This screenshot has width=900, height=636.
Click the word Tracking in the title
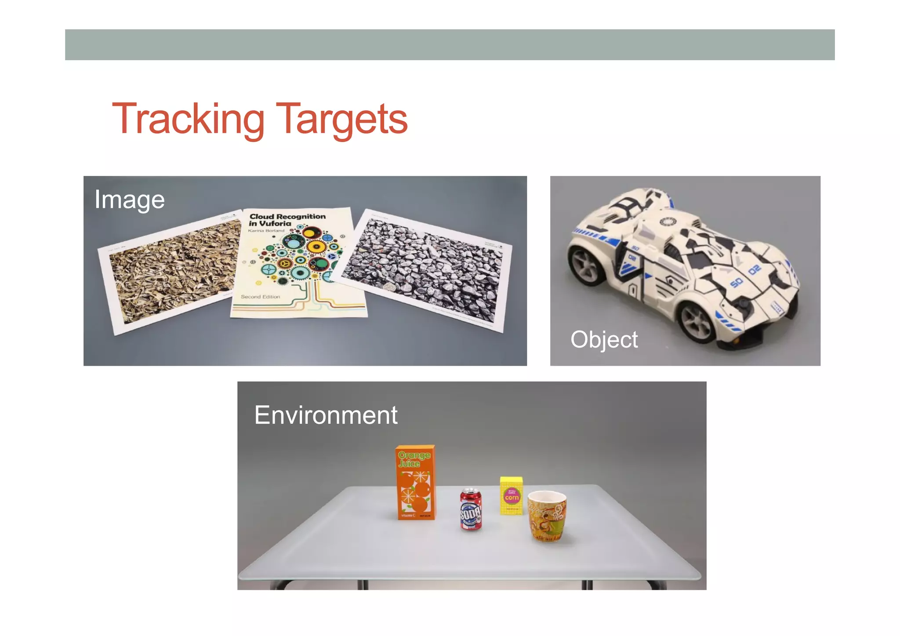pos(188,119)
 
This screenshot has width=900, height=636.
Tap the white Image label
pos(130,200)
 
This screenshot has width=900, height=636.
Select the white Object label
pos(604,339)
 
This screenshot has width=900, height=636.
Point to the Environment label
pos(326,415)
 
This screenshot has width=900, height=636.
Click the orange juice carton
pos(415,483)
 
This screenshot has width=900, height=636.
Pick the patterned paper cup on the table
pos(547,516)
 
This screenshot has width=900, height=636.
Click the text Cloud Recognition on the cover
pos(287,216)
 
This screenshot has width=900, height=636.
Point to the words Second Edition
pos(260,297)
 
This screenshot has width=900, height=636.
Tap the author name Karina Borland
pos(266,230)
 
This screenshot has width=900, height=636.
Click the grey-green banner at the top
pos(450,45)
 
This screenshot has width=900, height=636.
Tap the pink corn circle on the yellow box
pos(512,497)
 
